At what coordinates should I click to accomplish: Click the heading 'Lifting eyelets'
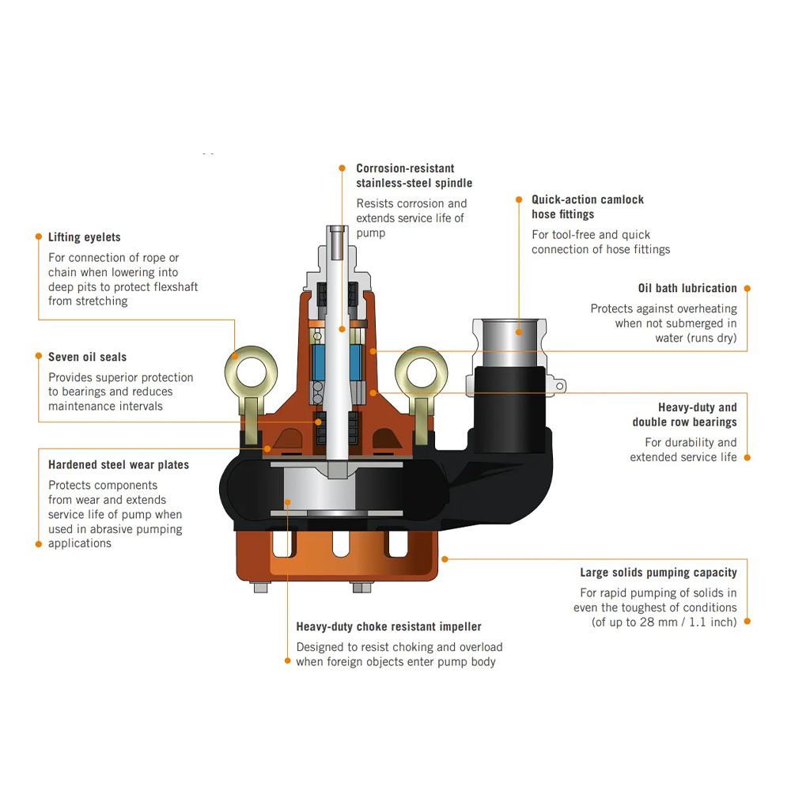click(x=84, y=237)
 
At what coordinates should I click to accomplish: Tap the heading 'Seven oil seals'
click(x=87, y=357)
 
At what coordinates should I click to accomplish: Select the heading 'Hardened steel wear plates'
click(x=118, y=464)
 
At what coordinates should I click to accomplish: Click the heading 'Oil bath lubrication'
click(x=687, y=289)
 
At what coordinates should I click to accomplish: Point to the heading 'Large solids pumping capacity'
click(x=658, y=573)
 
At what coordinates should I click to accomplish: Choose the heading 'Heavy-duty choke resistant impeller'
click(x=388, y=626)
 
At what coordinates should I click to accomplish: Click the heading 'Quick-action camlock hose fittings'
click(x=587, y=206)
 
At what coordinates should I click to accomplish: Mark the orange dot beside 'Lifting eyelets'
click(x=37, y=236)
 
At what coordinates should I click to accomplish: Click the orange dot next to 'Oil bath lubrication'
click(x=747, y=289)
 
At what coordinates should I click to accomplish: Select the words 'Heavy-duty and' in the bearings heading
click(x=697, y=407)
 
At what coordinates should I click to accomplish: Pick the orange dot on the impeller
click(x=287, y=501)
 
